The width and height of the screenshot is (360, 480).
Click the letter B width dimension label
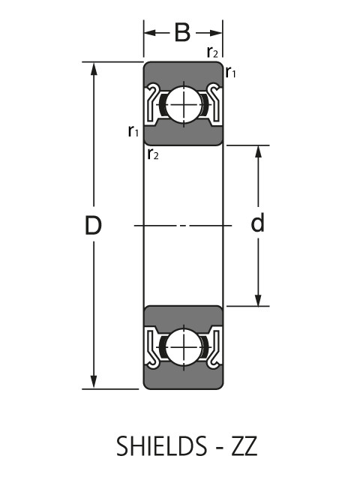(182, 32)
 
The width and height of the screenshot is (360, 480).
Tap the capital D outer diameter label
(93, 225)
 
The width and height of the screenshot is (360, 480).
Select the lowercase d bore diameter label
(258, 224)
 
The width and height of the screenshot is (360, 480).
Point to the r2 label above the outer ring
(213, 52)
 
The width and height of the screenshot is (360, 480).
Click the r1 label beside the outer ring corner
(232, 73)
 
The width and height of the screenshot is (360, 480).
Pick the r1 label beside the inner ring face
(133, 131)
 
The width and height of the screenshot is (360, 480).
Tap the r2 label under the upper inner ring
(153, 154)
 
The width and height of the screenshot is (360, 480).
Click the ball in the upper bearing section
(183, 103)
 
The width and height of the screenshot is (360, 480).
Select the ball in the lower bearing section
(183, 347)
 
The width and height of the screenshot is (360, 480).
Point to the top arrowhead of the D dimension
(94, 68)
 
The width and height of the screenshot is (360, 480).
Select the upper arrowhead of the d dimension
(259, 151)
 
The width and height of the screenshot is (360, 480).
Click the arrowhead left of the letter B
(150, 33)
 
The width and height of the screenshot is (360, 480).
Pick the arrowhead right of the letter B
(217, 33)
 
